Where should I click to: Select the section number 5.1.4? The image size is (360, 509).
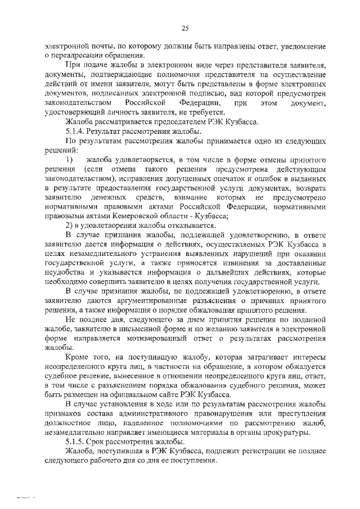click(75, 130)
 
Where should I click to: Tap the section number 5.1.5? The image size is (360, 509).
click(75, 442)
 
